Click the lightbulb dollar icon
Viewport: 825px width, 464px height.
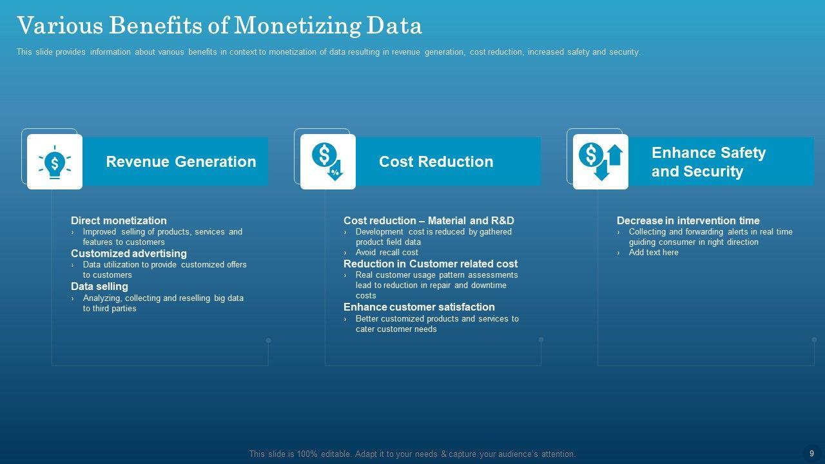(x=55, y=162)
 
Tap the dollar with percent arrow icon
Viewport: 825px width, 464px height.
(x=327, y=162)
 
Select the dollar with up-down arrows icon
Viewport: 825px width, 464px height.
(x=601, y=162)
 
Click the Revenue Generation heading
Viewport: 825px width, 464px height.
(x=181, y=162)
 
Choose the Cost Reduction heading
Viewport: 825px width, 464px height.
(x=436, y=162)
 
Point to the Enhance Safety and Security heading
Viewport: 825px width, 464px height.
(x=708, y=162)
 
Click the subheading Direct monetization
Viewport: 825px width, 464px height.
(x=119, y=220)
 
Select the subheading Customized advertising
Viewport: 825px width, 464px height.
(x=128, y=253)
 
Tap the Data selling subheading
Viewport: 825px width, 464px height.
(x=99, y=287)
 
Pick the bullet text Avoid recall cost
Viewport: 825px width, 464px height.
(x=387, y=252)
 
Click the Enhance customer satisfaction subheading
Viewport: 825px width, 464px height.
(x=419, y=307)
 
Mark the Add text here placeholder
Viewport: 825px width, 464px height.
(x=654, y=252)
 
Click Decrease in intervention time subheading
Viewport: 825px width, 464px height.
(x=688, y=220)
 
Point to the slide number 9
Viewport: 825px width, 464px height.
(x=811, y=454)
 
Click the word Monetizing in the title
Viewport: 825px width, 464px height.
(x=298, y=26)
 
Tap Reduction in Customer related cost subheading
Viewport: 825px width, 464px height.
(x=431, y=264)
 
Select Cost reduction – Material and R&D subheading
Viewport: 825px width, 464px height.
(x=429, y=220)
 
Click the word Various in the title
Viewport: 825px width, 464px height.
(x=60, y=26)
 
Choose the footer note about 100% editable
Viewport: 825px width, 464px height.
(x=412, y=454)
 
